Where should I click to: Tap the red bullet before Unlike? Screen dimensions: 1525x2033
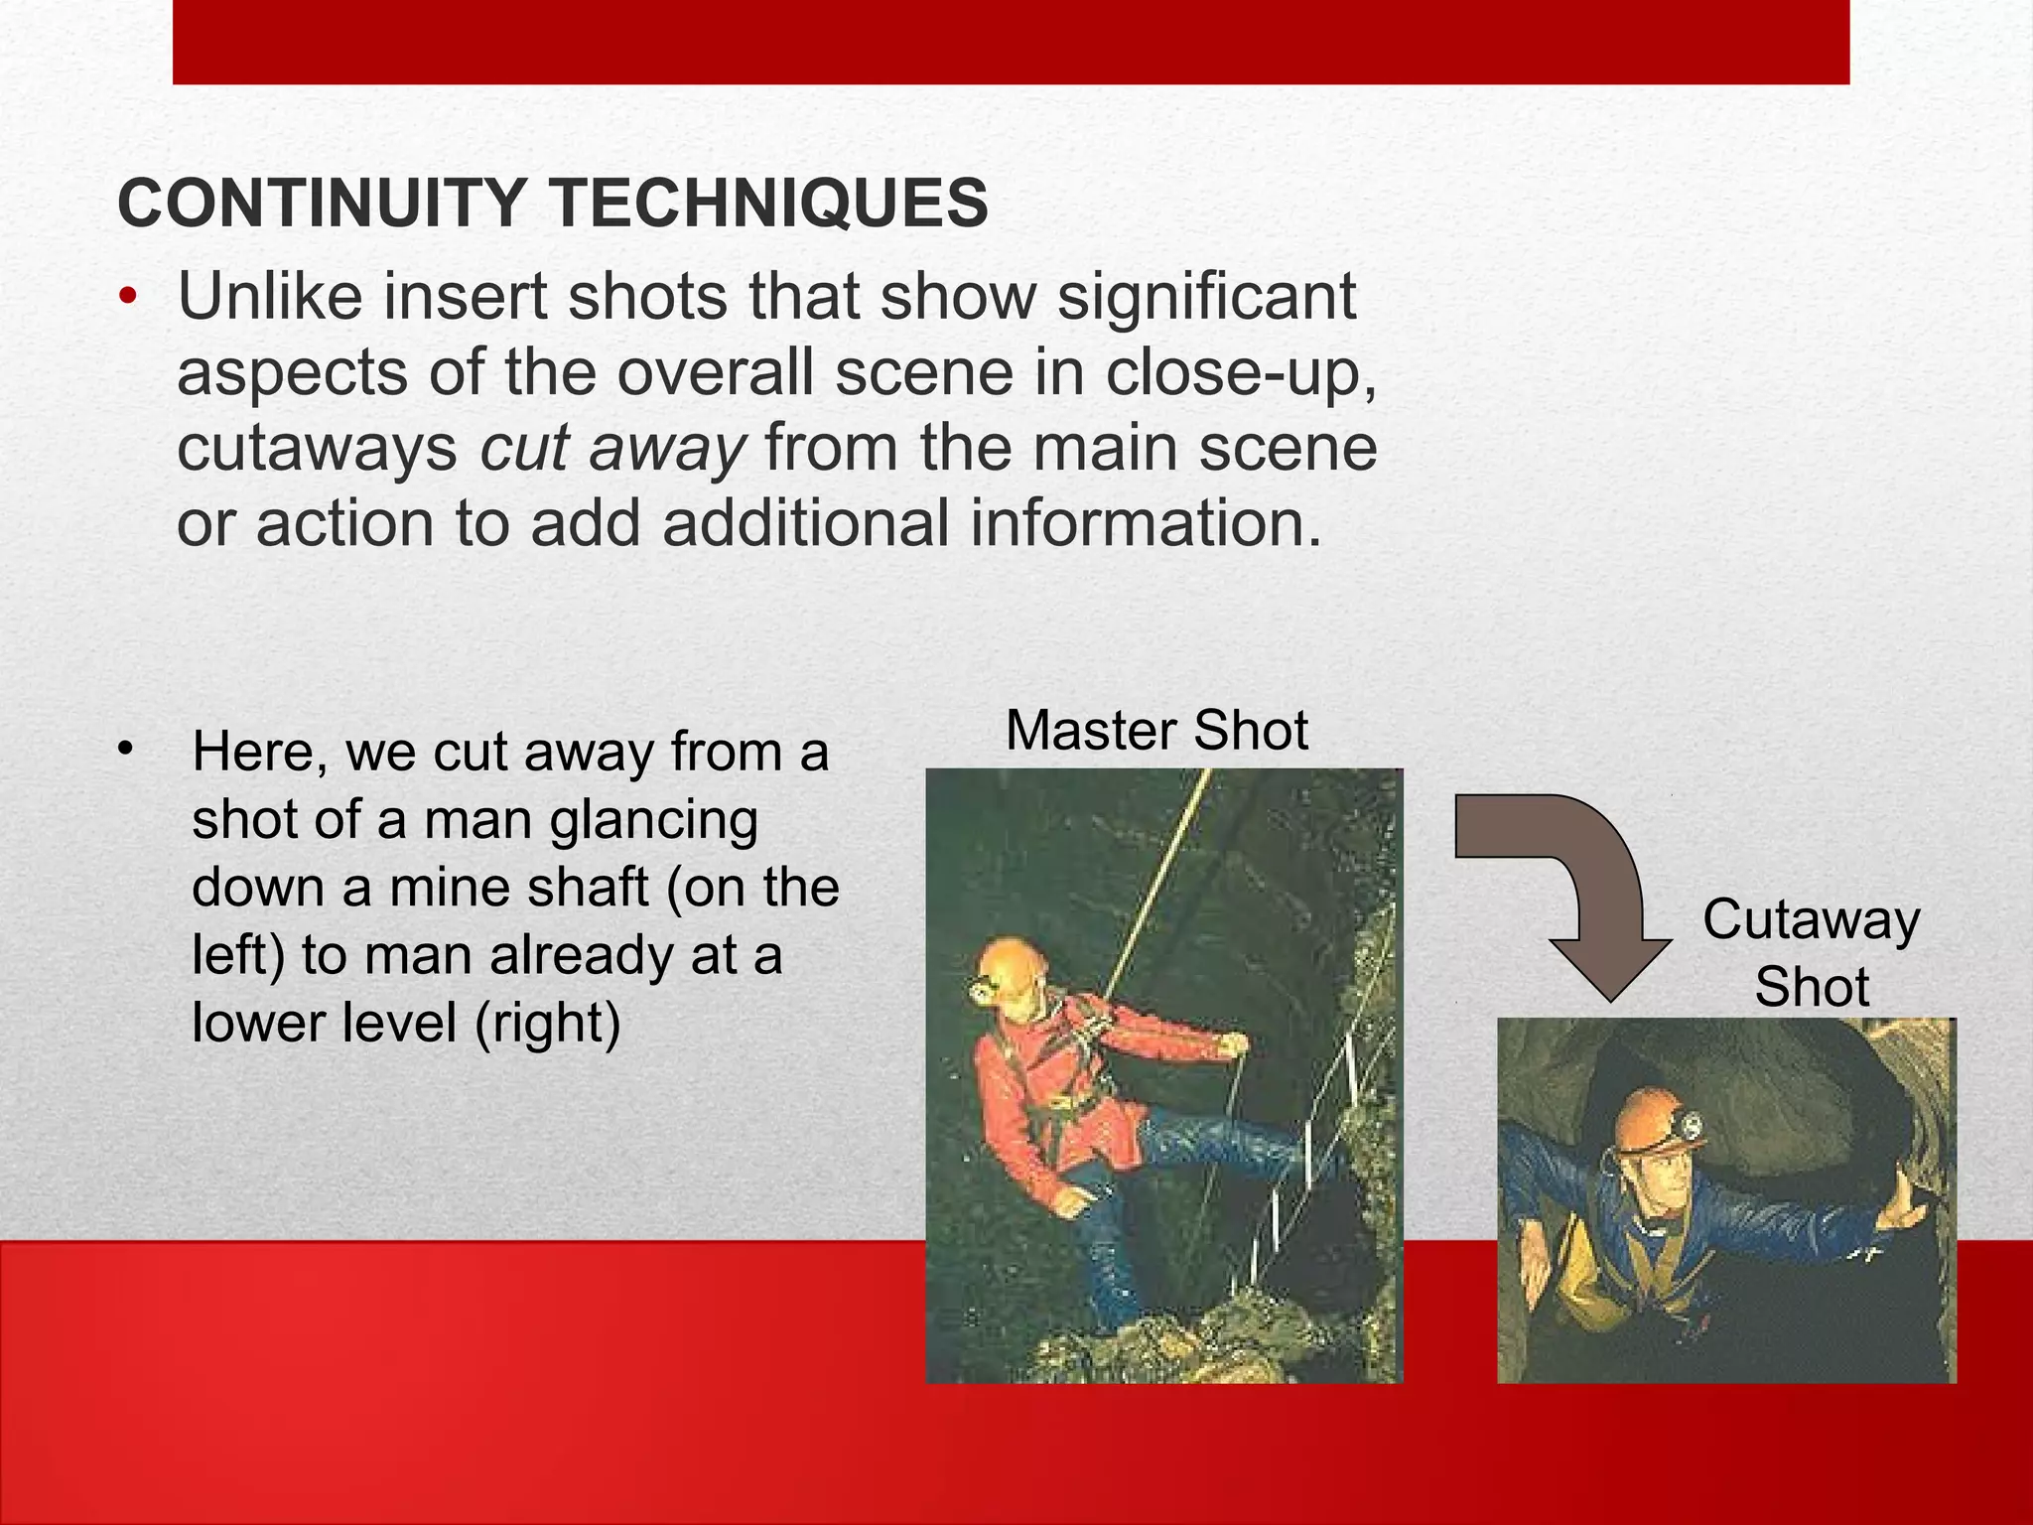click(x=127, y=297)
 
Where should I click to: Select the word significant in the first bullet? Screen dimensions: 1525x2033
click(x=1206, y=297)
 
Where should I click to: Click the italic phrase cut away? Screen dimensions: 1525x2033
click(x=611, y=449)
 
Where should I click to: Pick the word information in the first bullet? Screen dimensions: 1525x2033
click(x=1147, y=524)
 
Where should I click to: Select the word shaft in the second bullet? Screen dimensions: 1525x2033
click(x=587, y=888)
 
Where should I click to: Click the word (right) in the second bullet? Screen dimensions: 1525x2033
click(x=547, y=1023)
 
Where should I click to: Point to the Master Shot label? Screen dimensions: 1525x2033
click(x=1156, y=731)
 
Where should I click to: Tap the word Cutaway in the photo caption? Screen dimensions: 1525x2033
click(x=1812, y=919)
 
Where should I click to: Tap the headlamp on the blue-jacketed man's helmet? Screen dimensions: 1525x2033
click(x=1688, y=1126)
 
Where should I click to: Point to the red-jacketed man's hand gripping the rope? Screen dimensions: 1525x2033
click(x=1233, y=1045)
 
